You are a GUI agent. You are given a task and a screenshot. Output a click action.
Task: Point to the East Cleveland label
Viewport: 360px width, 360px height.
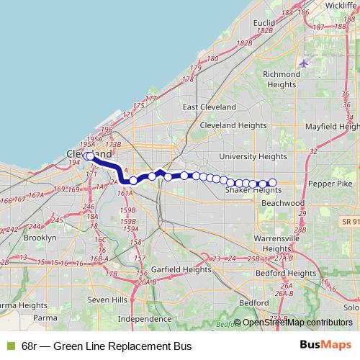[209, 107]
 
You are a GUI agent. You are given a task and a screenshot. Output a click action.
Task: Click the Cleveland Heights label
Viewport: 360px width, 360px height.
[233, 124]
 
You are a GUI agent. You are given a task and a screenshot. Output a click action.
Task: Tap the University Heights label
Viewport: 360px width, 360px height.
[253, 156]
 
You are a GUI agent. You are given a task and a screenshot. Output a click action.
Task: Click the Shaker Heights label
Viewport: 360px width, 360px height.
[253, 190]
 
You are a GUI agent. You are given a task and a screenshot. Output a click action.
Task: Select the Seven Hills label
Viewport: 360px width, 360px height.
[107, 299]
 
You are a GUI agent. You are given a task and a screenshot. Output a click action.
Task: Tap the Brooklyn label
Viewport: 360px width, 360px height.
[40, 237]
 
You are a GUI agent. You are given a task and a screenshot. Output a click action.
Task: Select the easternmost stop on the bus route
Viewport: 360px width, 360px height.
[272, 182]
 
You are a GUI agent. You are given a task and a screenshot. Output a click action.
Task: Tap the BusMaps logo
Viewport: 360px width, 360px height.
[325, 346]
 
